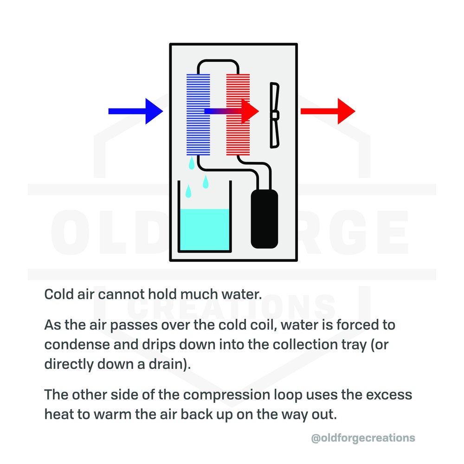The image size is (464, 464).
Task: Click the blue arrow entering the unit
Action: (135, 111)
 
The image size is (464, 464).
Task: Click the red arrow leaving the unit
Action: (327, 111)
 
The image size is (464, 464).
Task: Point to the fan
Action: (274, 115)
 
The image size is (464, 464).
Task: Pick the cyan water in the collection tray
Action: (204, 230)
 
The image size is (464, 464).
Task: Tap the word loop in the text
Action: (287, 395)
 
